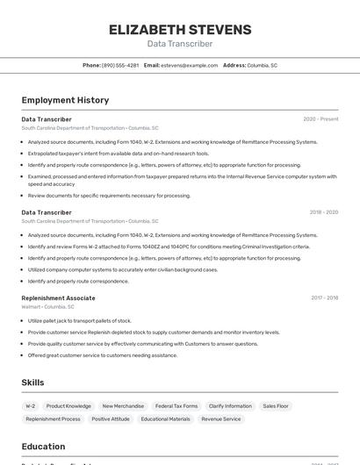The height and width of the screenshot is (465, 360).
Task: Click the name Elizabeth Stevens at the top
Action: (180, 30)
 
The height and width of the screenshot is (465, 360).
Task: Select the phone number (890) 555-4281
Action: (119, 66)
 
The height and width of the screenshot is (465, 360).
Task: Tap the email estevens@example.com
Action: (190, 66)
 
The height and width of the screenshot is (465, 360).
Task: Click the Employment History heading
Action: (65, 100)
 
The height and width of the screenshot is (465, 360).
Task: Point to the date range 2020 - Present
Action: (320, 119)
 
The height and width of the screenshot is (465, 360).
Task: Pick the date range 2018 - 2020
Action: (323, 212)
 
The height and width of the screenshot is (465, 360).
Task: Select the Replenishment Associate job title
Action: (58, 298)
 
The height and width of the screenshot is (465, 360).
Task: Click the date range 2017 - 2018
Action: (324, 298)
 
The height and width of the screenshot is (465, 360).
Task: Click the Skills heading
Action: (32, 383)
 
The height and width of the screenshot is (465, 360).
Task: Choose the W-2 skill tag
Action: (31, 406)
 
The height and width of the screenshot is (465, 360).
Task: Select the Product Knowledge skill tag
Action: (68, 406)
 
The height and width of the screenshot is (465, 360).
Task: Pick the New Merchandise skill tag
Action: (123, 406)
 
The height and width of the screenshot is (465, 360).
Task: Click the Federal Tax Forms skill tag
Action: (176, 406)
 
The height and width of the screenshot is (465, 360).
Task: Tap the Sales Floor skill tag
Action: (275, 406)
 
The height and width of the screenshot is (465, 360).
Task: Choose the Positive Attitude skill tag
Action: (111, 419)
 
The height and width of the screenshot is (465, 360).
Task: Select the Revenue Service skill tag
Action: (220, 419)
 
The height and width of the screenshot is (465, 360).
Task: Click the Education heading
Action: (43, 447)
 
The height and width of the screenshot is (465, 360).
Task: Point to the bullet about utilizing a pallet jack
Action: (74, 321)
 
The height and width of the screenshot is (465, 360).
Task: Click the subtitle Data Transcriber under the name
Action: (180, 44)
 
